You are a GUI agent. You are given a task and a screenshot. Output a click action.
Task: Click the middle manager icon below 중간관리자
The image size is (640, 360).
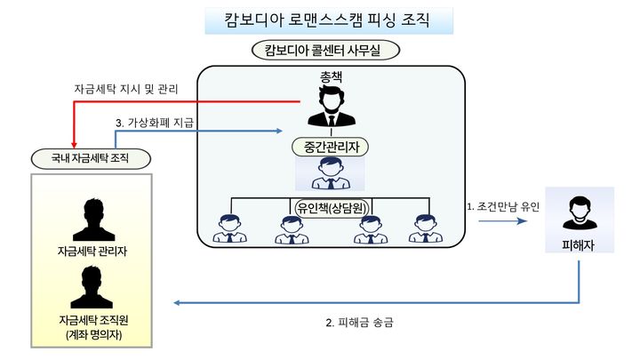[331, 173]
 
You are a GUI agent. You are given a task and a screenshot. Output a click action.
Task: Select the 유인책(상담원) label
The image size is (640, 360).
[331, 208]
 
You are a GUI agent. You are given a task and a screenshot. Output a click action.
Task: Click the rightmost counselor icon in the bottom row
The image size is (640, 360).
[426, 229]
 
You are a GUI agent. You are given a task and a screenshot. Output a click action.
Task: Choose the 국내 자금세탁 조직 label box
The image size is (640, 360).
[89, 158]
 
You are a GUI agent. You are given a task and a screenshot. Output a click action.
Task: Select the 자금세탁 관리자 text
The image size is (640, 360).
[92, 251]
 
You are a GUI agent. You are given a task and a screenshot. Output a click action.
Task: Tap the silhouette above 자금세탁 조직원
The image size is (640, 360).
[92, 287]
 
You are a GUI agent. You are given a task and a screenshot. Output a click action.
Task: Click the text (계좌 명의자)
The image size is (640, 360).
[92, 335]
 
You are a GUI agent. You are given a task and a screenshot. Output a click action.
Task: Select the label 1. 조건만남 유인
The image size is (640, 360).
[503, 206]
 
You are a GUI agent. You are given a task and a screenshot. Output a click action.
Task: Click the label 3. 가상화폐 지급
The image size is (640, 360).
[155, 122]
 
